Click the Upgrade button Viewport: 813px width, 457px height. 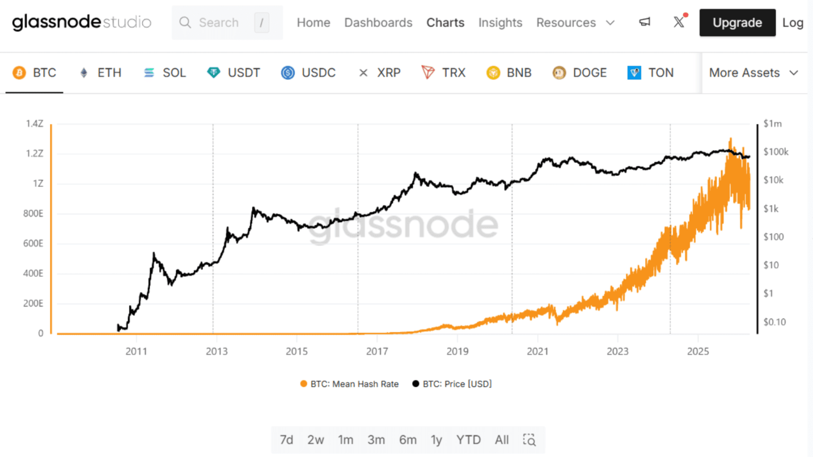(x=737, y=23)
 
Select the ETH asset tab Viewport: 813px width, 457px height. (x=101, y=72)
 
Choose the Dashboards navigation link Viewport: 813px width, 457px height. (x=378, y=23)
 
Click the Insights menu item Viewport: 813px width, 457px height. (x=500, y=23)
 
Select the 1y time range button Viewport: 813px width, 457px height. (x=436, y=440)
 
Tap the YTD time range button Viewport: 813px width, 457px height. (x=468, y=440)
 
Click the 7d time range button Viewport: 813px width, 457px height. (x=286, y=440)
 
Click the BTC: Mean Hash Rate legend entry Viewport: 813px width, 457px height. (x=349, y=384)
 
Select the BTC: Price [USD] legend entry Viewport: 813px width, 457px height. (x=453, y=384)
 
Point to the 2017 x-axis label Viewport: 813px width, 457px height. (x=377, y=351)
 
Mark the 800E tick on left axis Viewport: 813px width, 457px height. (x=33, y=214)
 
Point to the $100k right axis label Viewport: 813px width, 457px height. (x=775, y=152)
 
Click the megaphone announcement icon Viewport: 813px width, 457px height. (x=644, y=22)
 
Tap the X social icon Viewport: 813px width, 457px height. (x=679, y=22)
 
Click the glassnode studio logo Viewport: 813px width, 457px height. (x=82, y=22)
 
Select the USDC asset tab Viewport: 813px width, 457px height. (x=309, y=72)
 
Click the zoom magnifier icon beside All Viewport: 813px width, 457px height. (x=529, y=440)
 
